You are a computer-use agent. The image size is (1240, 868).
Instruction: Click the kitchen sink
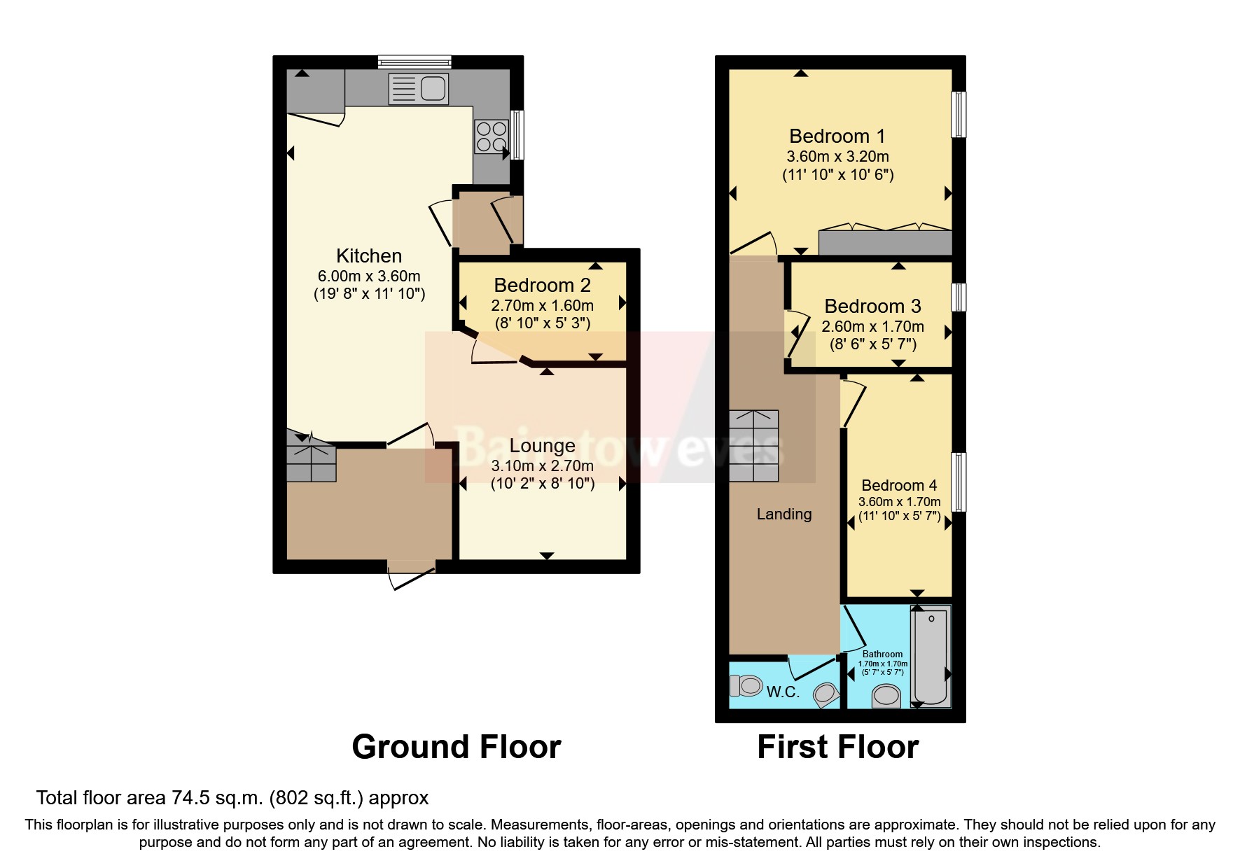click(x=419, y=89)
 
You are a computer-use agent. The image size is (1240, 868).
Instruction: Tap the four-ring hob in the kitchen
click(x=491, y=136)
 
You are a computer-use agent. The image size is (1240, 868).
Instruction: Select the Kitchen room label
click(x=369, y=255)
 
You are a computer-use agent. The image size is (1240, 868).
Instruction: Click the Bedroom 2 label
click(x=542, y=285)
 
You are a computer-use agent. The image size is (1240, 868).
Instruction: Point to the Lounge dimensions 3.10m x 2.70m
click(x=542, y=465)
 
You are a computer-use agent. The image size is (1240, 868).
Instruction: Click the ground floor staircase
click(x=312, y=459)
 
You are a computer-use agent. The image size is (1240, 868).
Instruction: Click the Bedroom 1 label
click(x=837, y=136)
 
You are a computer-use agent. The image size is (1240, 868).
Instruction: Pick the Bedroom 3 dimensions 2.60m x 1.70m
click(x=872, y=326)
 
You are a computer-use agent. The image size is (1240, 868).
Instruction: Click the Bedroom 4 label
click(x=899, y=485)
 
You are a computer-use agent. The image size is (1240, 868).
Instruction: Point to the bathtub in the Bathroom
click(x=931, y=657)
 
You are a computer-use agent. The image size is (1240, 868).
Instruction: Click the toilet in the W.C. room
click(x=746, y=685)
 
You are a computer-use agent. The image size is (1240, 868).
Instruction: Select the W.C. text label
click(x=783, y=692)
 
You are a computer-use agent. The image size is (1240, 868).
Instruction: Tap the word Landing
click(x=784, y=514)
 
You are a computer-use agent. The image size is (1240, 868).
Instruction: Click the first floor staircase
click(x=754, y=446)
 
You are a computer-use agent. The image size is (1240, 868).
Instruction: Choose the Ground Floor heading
click(x=456, y=747)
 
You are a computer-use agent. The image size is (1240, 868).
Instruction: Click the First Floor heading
click(x=837, y=747)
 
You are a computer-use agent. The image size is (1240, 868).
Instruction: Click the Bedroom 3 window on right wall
click(x=959, y=297)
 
